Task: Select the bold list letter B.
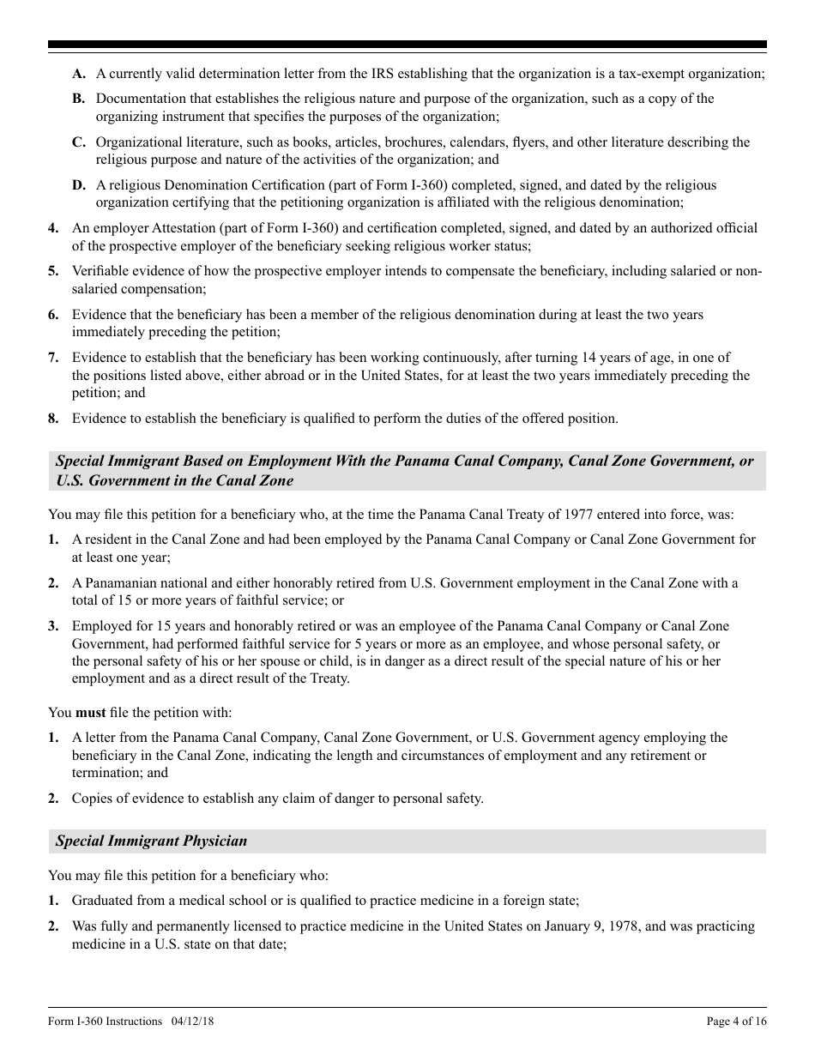point(78,99)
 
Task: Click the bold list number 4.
point(53,228)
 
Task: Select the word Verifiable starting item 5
point(101,271)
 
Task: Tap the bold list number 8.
point(53,419)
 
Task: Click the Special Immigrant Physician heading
point(152,841)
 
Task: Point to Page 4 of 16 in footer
point(736,1022)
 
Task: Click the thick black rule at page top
point(407,45)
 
